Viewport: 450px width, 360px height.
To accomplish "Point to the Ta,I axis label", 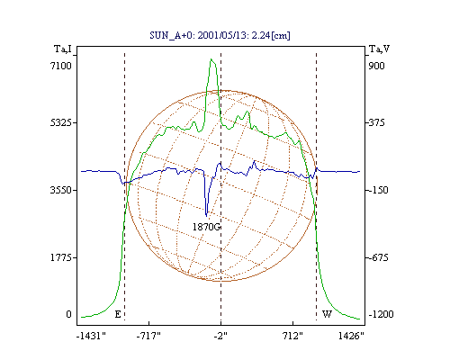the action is [x=63, y=49].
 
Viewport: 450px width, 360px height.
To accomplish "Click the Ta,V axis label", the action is [x=379, y=49].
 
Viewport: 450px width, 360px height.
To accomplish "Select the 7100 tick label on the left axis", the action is [x=61, y=66].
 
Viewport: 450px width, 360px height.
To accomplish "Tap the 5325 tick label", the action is [x=61, y=122].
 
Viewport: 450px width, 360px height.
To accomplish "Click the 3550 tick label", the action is [x=61, y=190].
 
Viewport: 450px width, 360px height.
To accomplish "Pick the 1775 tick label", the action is [x=61, y=257].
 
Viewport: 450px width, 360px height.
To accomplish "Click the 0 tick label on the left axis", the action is [x=68, y=314].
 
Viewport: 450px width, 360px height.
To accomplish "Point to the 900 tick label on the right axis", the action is [x=376, y=66].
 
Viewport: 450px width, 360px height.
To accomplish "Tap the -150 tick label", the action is [x=378, y=190].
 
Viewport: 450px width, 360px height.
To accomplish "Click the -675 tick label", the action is [x=378, y=257].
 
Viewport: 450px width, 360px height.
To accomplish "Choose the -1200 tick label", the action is [x=381, y=314].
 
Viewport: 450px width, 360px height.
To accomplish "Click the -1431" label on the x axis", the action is [x=91, y=336].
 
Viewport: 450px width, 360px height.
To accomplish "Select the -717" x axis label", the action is [x=148, y=336].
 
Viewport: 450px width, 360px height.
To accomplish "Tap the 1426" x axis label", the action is [x=351, y=336].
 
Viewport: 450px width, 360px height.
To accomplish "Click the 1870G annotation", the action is [x=206, y=227].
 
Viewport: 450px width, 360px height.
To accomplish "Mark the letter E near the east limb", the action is [x=118, y=314].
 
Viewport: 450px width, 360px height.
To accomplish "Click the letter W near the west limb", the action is [x=327, y=314].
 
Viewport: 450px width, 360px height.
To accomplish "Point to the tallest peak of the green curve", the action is [x=211, y=59].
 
